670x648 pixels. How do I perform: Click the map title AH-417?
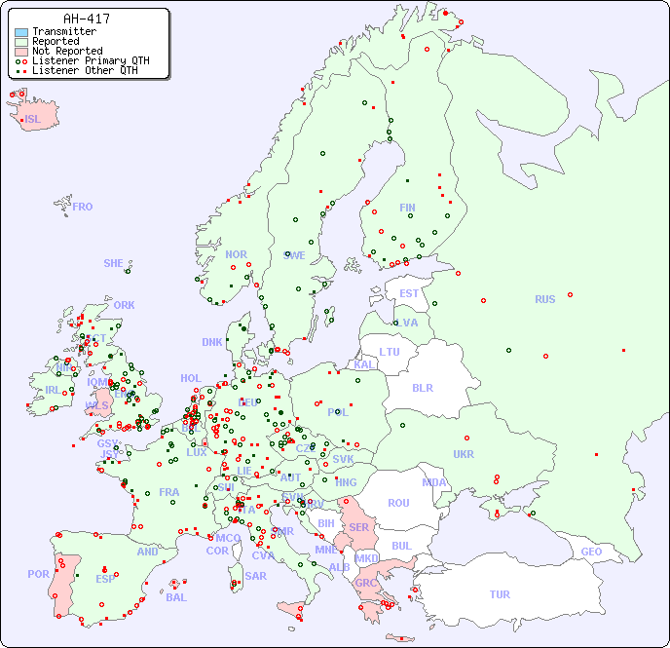pyautogui.click(x=86, y=19)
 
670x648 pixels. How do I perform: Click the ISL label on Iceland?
pyautogui.click(x=33, y=120)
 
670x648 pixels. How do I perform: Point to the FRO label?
pyautogui.click(x=83, y=207)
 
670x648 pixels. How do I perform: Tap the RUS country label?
pyautogui.click(x=544, y=299)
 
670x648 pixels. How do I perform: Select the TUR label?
pyautogui.click(x=500, y=594)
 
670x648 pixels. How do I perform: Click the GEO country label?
pyautogui.click(x=591, y=552)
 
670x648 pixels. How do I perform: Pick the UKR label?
pyautogui.click(x=464, y=454)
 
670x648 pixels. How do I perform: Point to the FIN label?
pyautogui.click(x=407, y=208)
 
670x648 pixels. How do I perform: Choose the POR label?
pyautogui.click(x=38, y=574)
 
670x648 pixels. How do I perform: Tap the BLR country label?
pyautogui.click(x=423, y=387)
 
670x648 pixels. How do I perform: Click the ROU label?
pyautogui.click(x=398, y=503)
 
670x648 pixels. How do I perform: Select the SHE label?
pyautogui.click(x=114, y=263)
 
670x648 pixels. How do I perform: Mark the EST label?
pyautogui.click(x=409, y=293)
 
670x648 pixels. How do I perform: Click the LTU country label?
pyautogui.click(x=390, y=352)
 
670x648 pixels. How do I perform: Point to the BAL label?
pyautogui.click(x=175, y=597)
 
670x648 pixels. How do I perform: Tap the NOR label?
pyautogui.click(x=236, y=254)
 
